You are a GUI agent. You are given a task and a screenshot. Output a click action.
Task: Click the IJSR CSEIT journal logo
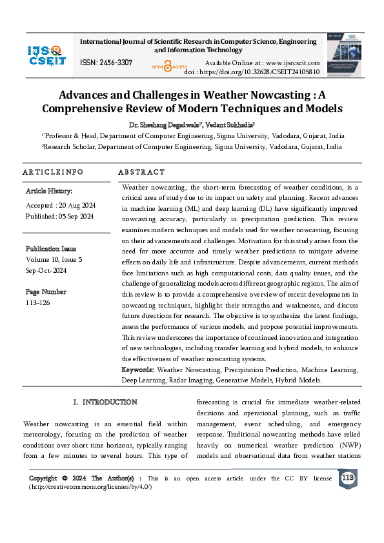45,55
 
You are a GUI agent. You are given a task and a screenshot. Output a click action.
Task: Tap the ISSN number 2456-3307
106,62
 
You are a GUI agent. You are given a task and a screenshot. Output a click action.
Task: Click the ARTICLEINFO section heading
53,172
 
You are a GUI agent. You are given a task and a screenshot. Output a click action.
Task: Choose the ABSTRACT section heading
141,172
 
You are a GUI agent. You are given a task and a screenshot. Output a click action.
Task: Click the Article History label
49,192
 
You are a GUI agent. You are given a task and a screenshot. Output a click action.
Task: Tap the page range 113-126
37,302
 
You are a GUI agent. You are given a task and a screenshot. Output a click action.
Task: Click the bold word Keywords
137,370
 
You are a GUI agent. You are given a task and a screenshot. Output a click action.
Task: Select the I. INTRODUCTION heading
105,402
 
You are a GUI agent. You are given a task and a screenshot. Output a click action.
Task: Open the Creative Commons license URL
90,486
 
